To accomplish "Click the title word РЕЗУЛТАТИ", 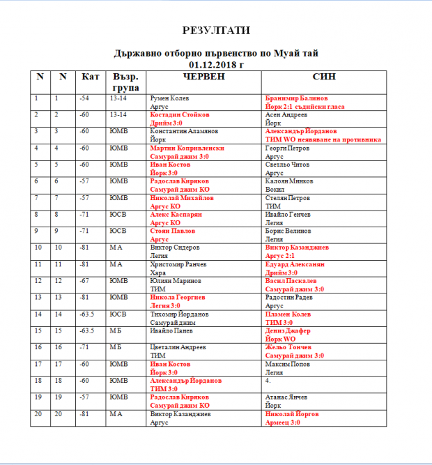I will [216, 31].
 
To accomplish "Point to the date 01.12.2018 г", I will [216, 64].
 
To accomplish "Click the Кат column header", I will [91, 76].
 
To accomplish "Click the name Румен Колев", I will [170, 98].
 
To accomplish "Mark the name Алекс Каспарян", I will [177, 215].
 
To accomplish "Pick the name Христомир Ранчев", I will [178, 265].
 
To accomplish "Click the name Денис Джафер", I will [288, 331].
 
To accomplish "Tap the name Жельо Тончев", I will [288, 347].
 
